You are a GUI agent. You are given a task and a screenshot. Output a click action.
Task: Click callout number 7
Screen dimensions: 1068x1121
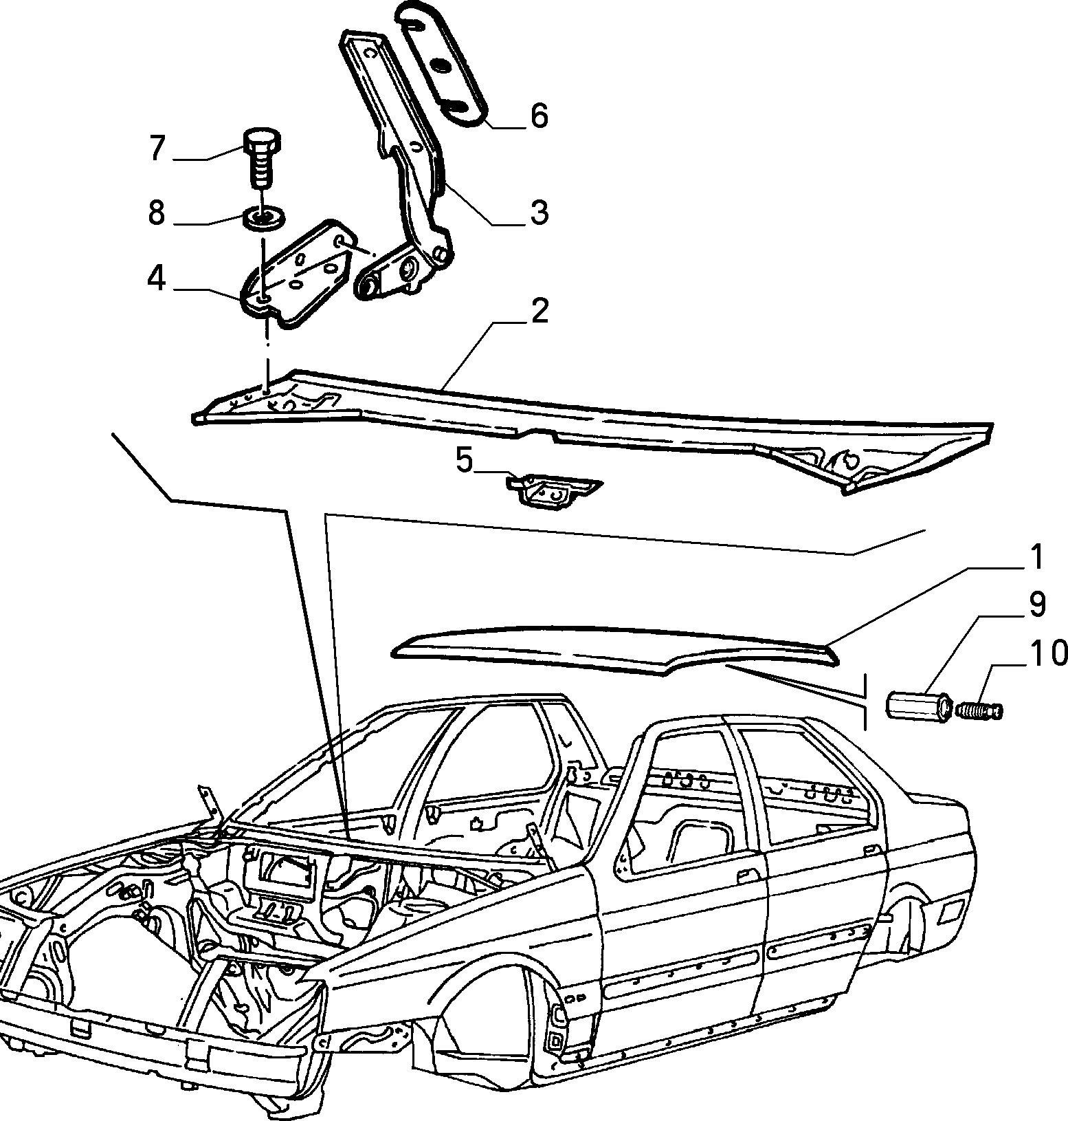[x=157, y=148]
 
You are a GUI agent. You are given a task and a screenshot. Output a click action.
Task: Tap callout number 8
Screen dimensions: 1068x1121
[x=157, y=213]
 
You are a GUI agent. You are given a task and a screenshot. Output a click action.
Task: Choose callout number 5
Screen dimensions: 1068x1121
[x=465, y=460]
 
